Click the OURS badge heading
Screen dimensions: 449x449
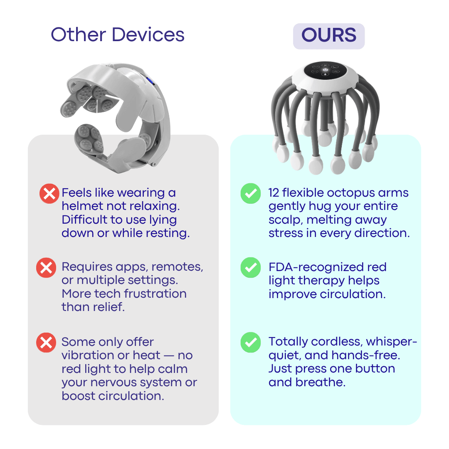(329, 36)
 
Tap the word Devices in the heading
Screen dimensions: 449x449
(148, 35)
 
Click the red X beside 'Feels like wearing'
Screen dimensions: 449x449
(49, 194)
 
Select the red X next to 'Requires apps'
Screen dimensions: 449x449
(46, 268)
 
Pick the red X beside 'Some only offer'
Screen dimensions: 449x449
(46, 343)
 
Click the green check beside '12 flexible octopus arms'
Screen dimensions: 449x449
(251, 193)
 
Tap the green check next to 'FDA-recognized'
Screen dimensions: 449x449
(251, 267)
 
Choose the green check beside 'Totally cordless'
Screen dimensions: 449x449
(251, 342)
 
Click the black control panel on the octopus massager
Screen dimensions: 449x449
(325, 70)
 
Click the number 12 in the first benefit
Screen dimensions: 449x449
(274, 193)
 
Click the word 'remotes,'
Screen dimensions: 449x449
(177, 267)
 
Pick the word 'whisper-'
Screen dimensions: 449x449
(392, 342)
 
